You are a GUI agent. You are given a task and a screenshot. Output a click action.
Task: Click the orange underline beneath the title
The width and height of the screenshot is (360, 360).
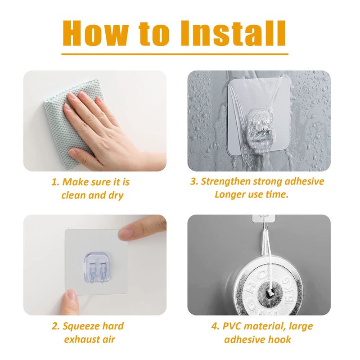point(175,54)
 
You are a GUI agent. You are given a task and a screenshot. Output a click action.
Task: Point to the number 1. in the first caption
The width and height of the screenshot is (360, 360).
point(55,182)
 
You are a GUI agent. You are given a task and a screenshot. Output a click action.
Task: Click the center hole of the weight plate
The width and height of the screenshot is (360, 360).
point(269,293)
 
